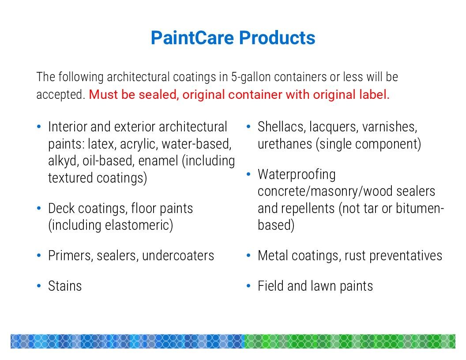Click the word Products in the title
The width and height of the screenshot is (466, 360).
[277, 38]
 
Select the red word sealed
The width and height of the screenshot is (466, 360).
[159, 95]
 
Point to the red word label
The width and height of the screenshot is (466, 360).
[374, 95]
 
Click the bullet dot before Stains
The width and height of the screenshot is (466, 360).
[39, 286]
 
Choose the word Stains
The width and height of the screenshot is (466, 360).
[65, 286]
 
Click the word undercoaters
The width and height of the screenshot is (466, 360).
[178, 256]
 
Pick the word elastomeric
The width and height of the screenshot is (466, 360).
[139, 225]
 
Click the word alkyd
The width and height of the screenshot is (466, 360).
[63, 161]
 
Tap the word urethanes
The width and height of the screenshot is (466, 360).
[285, 144]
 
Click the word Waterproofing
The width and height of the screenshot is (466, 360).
[297, 175]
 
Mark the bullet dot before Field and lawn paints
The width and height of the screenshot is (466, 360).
[248, 286]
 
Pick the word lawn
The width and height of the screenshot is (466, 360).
[323, 286]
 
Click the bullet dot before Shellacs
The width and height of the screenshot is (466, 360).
[248, 127]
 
